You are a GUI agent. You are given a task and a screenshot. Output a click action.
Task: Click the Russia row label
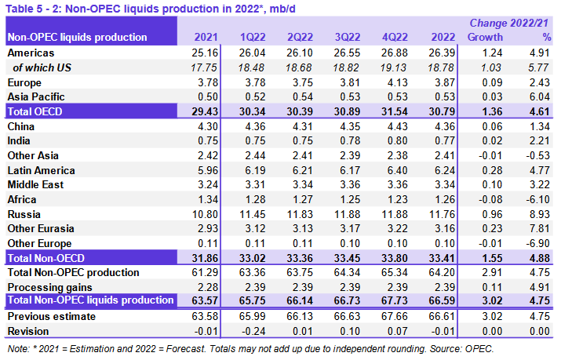click(x=24, y=213)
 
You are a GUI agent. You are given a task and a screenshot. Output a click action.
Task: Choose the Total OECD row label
click(x=36, y=111)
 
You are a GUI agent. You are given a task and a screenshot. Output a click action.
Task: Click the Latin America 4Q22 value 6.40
click(x=393, y=169)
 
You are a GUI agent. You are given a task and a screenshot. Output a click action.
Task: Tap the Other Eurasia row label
click(x=40, y=228)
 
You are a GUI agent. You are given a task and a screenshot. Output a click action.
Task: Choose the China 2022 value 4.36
click(x=440, y=125)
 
